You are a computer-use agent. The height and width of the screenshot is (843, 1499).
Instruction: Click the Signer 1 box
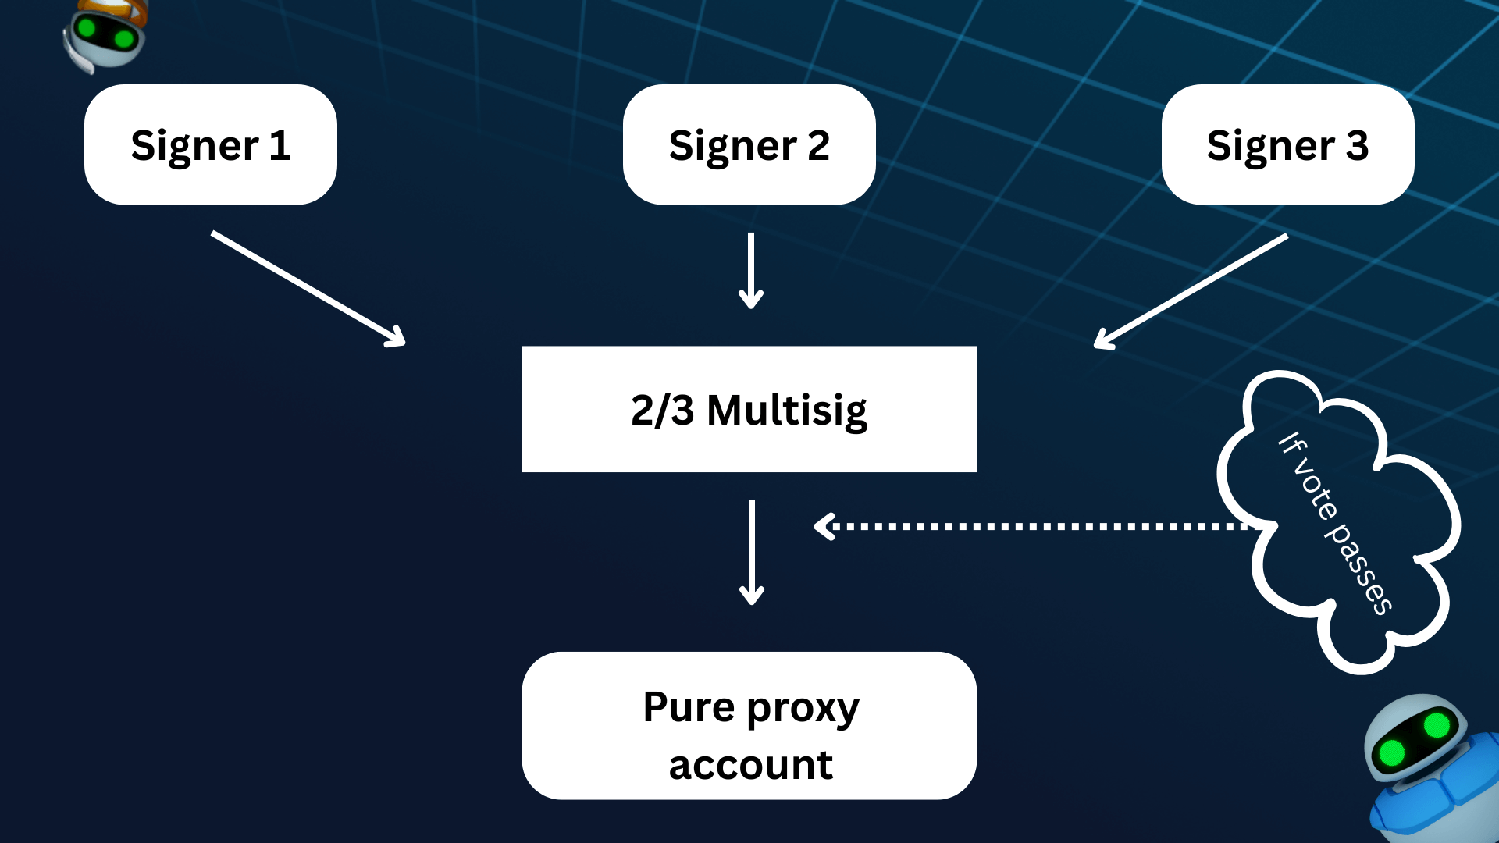[210, 144]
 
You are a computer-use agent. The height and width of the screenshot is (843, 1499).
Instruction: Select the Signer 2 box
[749, 144]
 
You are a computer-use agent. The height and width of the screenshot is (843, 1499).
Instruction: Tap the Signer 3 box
[1287, 144]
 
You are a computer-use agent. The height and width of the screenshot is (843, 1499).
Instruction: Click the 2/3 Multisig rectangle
[749, 409]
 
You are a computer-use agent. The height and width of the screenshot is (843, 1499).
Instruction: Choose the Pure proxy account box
[749, 725]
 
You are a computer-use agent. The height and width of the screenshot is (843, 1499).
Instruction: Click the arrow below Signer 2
[751, 270]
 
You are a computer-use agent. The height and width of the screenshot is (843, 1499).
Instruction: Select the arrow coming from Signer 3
[1191, 291]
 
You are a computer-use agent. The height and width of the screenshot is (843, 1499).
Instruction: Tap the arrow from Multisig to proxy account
[752, 551]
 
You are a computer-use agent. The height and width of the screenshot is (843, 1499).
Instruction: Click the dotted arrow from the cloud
[1031, 527]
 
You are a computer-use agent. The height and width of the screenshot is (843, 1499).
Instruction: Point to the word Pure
[689, 707]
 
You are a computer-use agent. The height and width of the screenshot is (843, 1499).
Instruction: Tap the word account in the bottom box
[751, 765]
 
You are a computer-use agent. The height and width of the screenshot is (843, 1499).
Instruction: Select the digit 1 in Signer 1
[280, 145]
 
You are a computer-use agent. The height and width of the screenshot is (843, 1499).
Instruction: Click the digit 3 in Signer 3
[1357, 145]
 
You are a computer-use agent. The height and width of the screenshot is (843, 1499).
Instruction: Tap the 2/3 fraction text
[662, 411]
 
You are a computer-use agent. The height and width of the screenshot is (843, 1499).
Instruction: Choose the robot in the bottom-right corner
[1429, 769]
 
